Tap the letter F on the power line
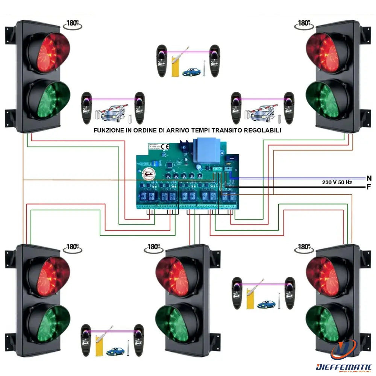369,187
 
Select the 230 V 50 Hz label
337,182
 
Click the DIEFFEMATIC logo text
344,367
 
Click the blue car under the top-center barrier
191,72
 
